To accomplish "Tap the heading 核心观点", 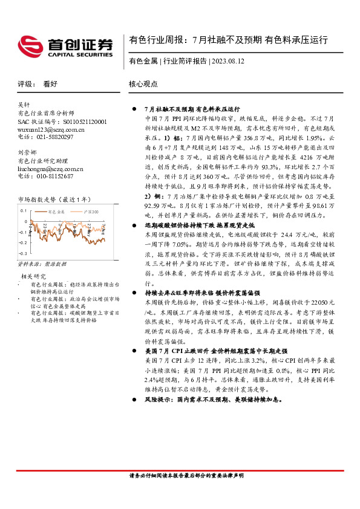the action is [x=143, y=85].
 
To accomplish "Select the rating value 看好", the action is [x=51, y=85].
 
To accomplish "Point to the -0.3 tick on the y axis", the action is [x=22, y=259].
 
